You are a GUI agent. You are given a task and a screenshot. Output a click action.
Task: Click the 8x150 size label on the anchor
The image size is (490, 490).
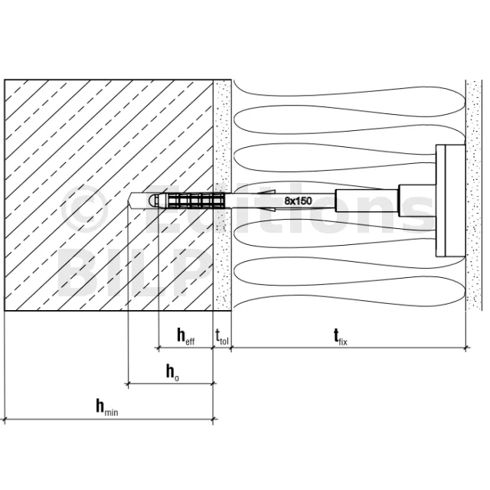coord(298,201)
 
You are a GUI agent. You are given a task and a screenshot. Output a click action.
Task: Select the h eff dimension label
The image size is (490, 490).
coord(186,336)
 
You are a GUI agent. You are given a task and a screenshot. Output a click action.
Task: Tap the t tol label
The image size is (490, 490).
coord(222,336)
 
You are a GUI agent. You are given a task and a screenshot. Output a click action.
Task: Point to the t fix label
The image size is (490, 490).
coord(340,337)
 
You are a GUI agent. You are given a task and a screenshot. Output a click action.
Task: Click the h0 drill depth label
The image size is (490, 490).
coord(172,373)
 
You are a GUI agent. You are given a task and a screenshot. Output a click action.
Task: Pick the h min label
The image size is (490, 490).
coord(107,407)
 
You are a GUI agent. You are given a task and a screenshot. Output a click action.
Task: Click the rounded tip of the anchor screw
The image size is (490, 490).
coord(152,201)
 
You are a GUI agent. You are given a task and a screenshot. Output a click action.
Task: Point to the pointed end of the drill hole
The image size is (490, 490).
coord(129,201)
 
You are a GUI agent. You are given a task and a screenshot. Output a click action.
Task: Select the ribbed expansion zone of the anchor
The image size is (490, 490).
coord(196,201)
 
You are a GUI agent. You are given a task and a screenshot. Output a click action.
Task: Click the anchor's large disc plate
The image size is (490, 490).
coord(450,201)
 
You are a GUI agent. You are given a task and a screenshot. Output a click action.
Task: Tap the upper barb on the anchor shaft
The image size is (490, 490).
coord(266,192)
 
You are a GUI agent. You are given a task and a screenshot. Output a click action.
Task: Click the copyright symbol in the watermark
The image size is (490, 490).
coord(84,209)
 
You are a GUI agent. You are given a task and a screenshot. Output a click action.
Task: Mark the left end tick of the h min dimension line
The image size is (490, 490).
coord(5,420)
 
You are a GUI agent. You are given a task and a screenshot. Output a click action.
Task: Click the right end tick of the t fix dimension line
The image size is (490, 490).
coord(465,347)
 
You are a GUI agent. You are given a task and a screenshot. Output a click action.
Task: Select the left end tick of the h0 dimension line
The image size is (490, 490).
coord(128,384)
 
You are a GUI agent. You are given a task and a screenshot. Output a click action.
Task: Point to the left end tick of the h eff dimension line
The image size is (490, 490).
coord(158,347)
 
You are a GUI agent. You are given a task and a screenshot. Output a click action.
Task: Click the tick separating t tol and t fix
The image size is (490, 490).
coord(231,347)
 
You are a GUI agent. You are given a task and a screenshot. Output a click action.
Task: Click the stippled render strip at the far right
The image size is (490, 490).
coord(474,195)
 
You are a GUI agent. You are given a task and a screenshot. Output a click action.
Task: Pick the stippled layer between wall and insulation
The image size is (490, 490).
coord(222,195)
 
